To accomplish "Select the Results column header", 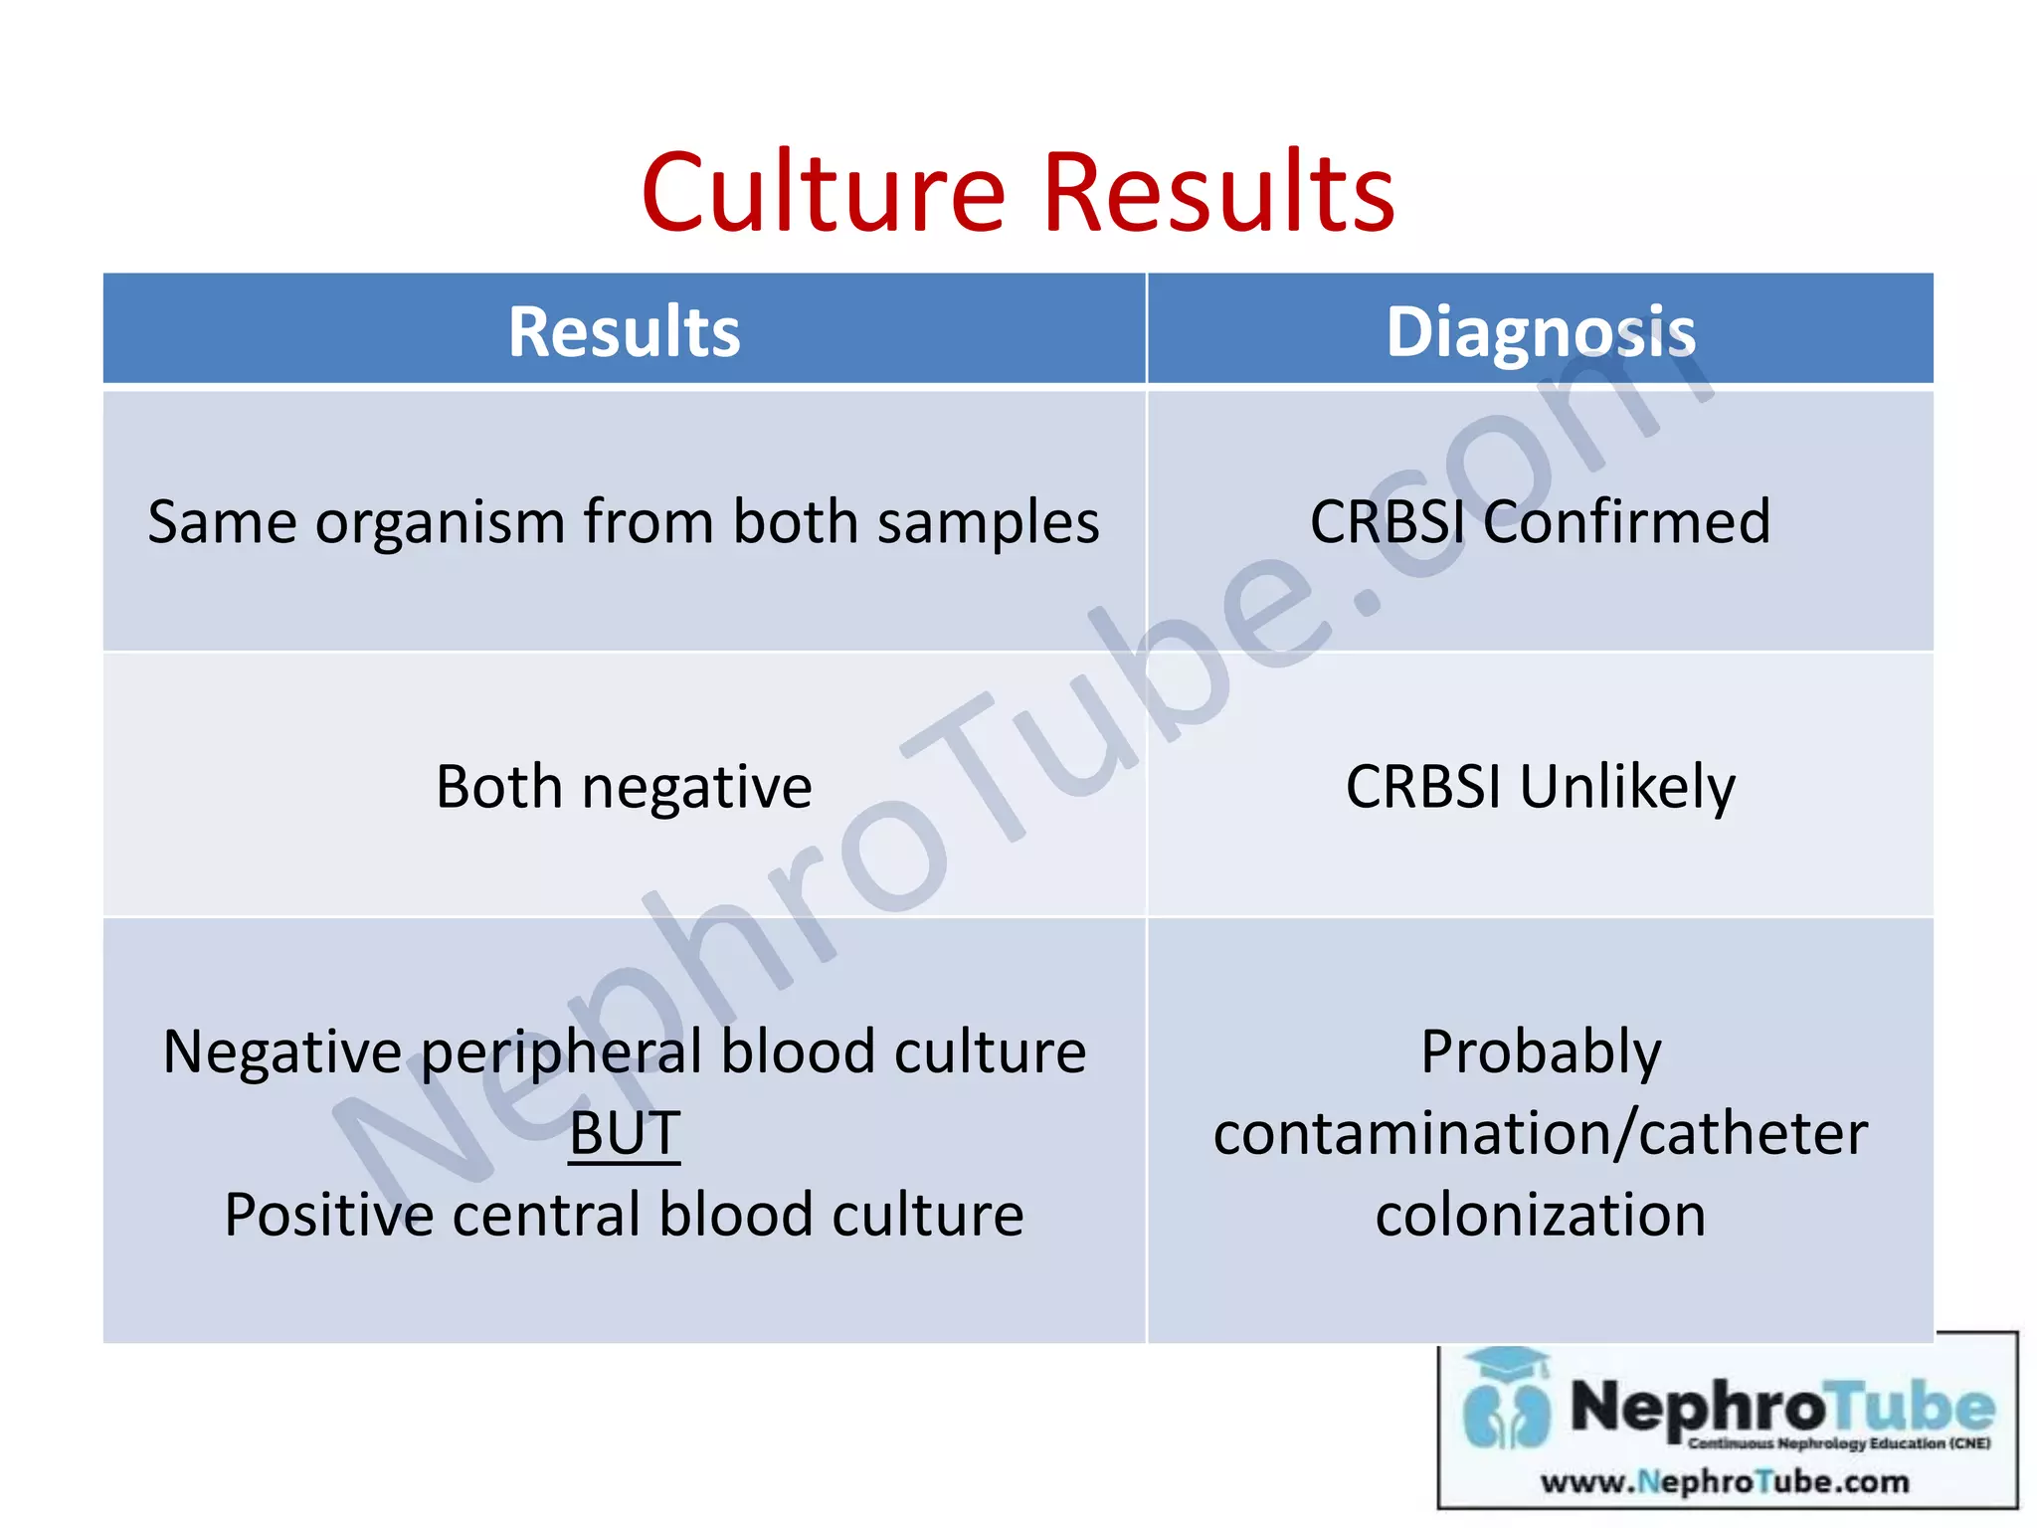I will pyautogui.click(x=624, y=331).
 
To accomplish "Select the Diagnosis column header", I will pyautogui.click(x=1540, y=331).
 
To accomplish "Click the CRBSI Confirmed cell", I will pyautogui.click(x=1540, y=521).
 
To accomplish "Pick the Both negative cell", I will pyautogui.click(x=624, y=787).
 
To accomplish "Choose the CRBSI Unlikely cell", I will pyautogui.click(x=1540, y=787).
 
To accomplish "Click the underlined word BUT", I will pyautogui.click(x=625, y=1133).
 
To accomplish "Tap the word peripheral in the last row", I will pyautogui.click(x=563, y=1052).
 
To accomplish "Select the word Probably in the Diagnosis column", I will pyautogui.click(x=1541, y=1052).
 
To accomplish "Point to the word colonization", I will pyautogui.click(x=1541, y=1216).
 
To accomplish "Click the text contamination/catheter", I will pyautogui.click(x=1541, y=1134).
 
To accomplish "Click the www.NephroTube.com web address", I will pyautogui.click(x=1725, y=1482).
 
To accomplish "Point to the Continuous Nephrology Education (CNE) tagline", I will pyautogui.click(x=1839, y=1443).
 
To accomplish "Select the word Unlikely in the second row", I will pyautogui.click(x=1627, y=787).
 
